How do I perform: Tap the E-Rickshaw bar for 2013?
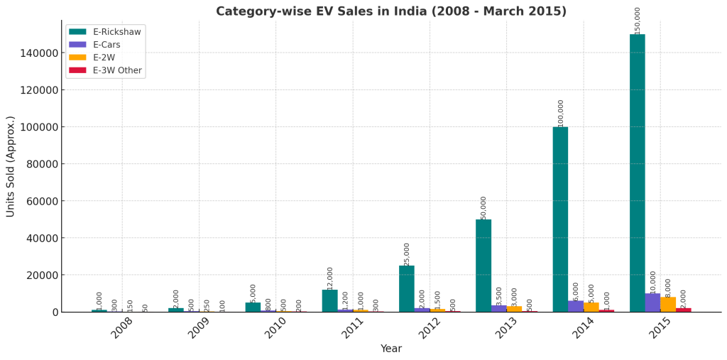[x=483, y=266]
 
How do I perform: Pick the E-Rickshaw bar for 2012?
[x=406, y=288]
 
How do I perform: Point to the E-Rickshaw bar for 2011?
[x=329, y=300]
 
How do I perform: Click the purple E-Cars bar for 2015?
[x=652, y=303]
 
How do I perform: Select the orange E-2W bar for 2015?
[x=668, y=305]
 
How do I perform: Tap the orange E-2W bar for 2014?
[x=591, y=307]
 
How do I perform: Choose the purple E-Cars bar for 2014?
[x=576, y=307]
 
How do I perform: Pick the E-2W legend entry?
[x=105, y=58]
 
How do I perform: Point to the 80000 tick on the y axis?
[x=38, y=164]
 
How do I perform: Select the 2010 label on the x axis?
[x=275, y=327]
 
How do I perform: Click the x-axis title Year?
[x=390, y=349]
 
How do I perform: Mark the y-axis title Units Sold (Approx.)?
[x=11, y=166]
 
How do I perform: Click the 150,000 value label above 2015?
[x=638, y=21]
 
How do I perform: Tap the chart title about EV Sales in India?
[x=390, y=11]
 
